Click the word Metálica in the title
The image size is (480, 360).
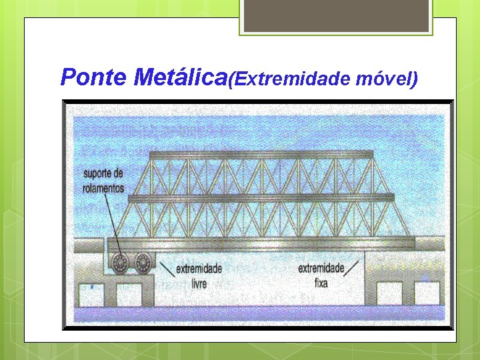click(x=180, y=78)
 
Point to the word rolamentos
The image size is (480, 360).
click(x=104, y=188)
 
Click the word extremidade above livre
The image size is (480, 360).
click(x=199, y=269)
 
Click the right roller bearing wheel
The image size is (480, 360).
click(x=143, y=262)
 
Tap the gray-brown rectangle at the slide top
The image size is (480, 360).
click(x=337, y=15)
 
